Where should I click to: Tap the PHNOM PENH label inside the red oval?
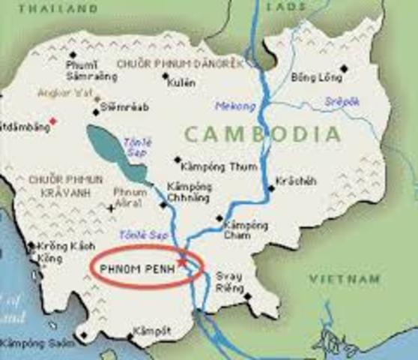click(x=136, y=265)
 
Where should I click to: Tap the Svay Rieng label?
click(x=229, y=281)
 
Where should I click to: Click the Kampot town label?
click(x=147, y=331)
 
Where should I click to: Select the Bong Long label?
click(x=310, y=76)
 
